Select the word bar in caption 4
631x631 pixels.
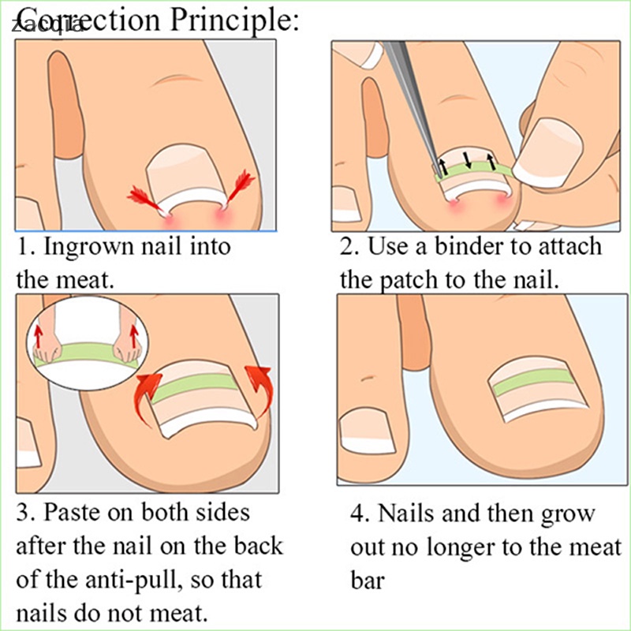pos(368,581)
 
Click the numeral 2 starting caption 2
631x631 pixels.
pos(347,246)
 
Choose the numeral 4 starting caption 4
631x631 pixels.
pos(358,514)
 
